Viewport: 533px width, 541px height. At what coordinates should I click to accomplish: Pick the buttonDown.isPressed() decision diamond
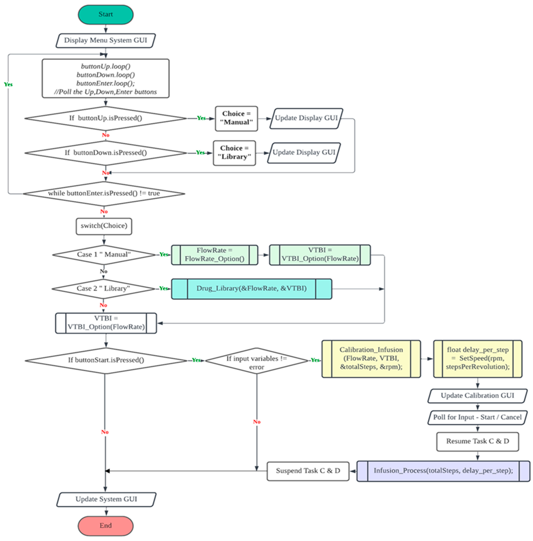106,153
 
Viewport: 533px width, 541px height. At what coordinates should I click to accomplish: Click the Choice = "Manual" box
236,118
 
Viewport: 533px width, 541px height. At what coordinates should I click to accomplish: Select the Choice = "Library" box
234,153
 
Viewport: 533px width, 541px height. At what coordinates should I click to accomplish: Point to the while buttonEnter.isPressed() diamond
104,193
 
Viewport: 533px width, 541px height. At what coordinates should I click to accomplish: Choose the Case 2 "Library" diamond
103,289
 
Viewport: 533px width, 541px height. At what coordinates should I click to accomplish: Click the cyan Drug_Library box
251,289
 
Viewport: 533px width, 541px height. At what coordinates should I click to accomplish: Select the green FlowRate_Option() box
214,255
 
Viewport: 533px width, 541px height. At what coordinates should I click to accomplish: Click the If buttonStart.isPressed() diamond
106,360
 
